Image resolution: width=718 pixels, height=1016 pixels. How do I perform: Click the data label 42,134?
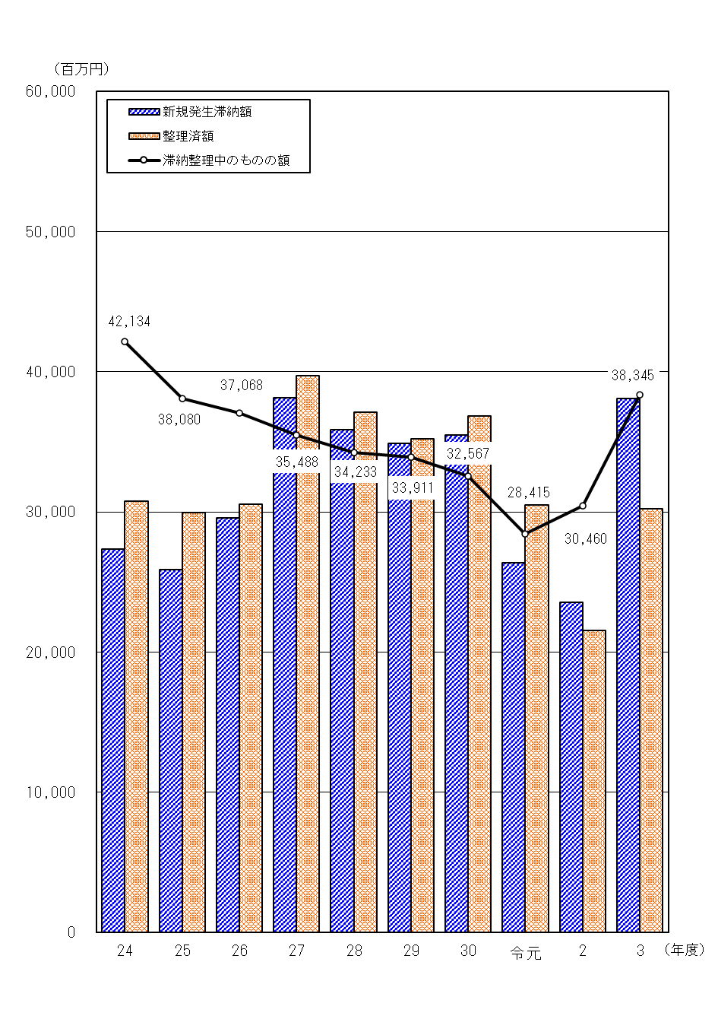(129, 322)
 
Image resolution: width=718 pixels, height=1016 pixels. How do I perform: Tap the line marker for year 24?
(125, 341)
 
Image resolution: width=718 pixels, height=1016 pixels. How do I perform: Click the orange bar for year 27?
(308, 653)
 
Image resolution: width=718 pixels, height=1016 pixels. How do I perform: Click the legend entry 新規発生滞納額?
(207, 112)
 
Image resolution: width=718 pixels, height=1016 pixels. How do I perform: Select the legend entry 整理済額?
(188, 136)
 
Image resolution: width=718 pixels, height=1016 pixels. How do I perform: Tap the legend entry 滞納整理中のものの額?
(226, 160)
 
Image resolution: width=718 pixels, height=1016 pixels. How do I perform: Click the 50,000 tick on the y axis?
(51, 232)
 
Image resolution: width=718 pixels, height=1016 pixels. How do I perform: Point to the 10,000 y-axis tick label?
(51, 792)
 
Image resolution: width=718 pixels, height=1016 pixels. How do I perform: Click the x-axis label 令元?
(526, 952)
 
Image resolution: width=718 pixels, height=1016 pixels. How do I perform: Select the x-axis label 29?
(411, 951)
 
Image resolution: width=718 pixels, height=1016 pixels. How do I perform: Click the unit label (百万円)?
(81, 69)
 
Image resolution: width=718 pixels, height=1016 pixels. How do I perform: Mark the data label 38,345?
(632, 375)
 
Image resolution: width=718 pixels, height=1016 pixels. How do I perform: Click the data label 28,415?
(529, 493)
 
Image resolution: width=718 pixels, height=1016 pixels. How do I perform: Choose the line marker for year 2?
(583, 506)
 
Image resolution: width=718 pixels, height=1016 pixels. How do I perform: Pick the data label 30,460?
(585, 539)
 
